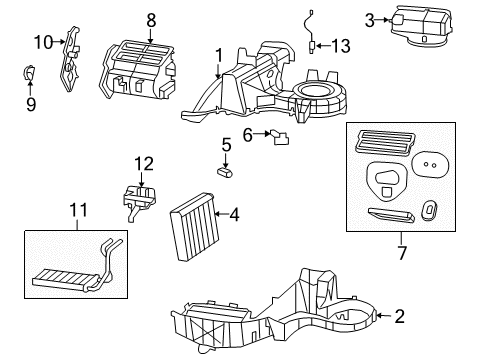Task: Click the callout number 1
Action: (x=218, y=54)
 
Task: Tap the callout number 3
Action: (x=370, y=19)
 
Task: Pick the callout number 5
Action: (x=226, y=145)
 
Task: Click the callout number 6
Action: (x=247, y=134)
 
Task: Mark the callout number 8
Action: (x=152, y=19)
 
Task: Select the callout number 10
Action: (x=42, y=42)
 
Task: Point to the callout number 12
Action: (x=145, y=163)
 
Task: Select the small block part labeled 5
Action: (x=225, y=172)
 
